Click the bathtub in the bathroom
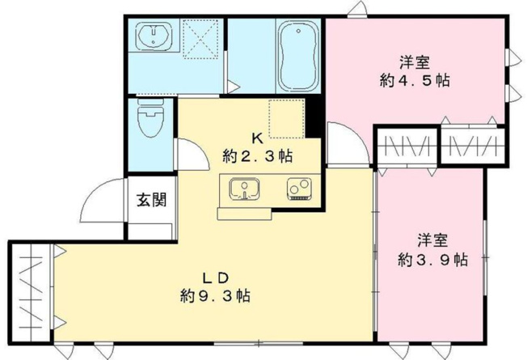click(298, 56)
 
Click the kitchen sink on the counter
click(244, 189)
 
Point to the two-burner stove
click(299, 189)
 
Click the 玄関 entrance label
click(151, 200)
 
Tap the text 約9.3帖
click(215, 296)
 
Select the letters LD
click(215, 278)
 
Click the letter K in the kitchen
click(257, 138)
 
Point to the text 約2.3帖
click(257, 156)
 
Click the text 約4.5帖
click(415, 80)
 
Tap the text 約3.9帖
click(433, 260)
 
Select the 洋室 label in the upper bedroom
click(415, 62)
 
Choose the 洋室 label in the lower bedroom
click(433, 241)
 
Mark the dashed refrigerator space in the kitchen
click(287, 118)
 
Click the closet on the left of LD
click(31, 292)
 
